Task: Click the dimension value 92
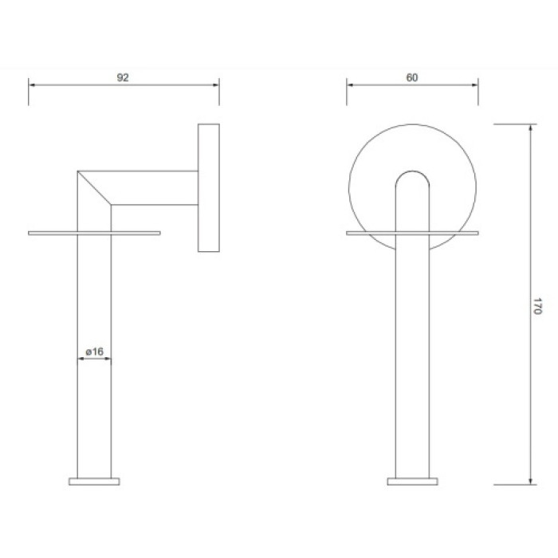click(123, 77)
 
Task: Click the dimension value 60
click(412, 77)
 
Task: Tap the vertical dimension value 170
click(537, 306)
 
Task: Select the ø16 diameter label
click(94, 352)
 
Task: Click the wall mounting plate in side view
click(209, 188)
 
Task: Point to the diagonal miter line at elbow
click(94, 188)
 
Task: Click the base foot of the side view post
click(94, 481)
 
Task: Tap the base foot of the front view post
click(412, 481)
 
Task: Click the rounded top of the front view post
click(412, 172)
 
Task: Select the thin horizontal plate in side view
click(94, 233)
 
